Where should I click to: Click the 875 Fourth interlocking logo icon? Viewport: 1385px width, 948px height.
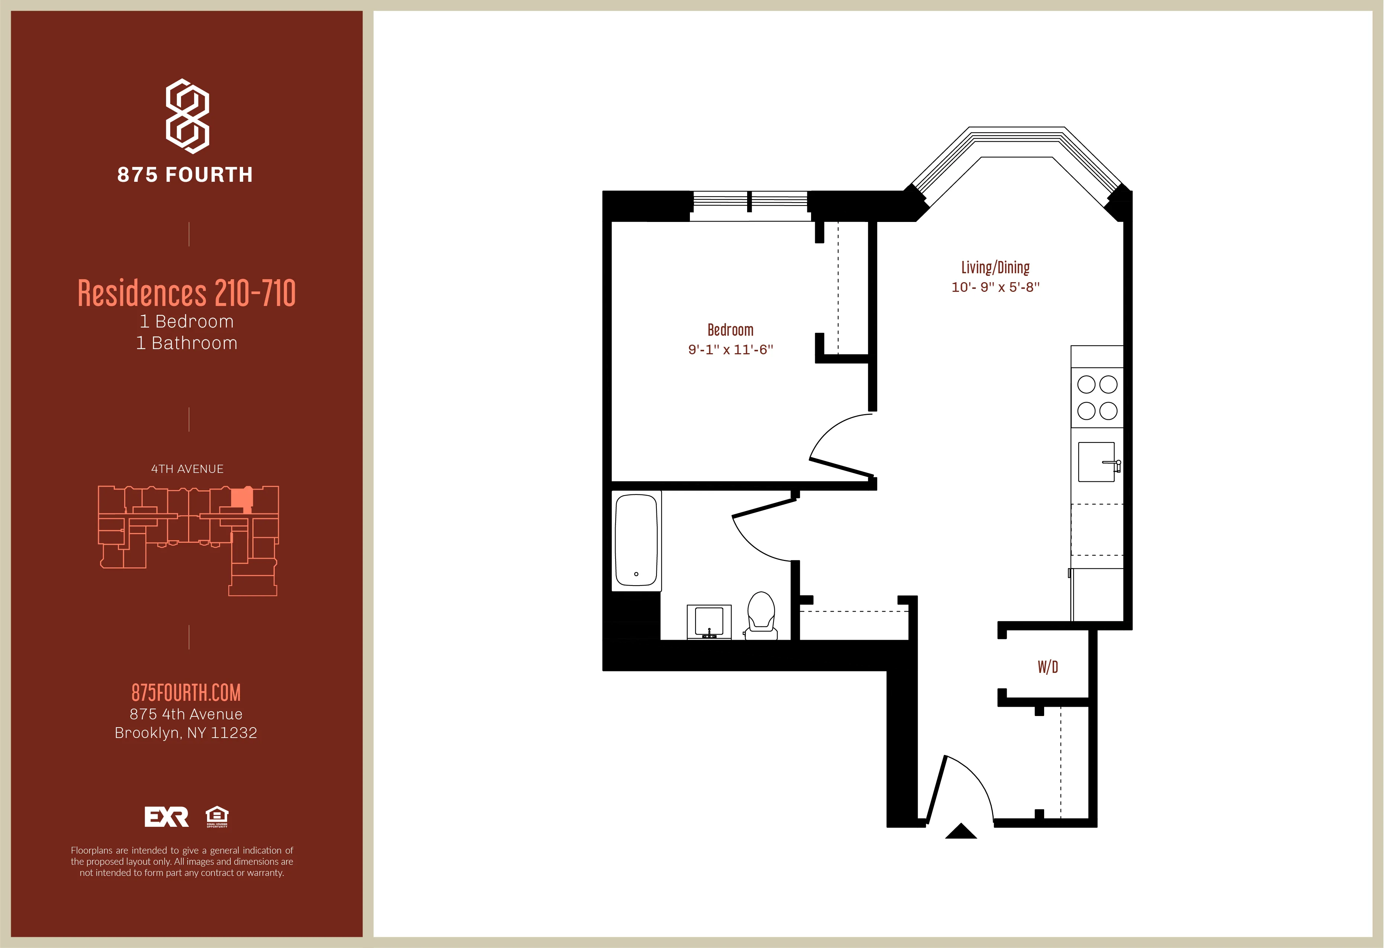187,116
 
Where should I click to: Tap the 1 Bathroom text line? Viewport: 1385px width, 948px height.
187,344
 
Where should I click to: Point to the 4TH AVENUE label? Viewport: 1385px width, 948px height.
187,469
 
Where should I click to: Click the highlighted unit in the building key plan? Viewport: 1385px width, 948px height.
241,498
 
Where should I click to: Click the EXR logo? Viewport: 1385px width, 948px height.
166,817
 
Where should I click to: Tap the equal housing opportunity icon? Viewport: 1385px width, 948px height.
217,817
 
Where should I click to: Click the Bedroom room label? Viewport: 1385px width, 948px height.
730,330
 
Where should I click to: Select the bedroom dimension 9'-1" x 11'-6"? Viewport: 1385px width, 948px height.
730,350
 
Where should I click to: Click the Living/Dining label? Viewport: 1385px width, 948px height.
995,268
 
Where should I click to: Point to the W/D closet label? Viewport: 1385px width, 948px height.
1048,667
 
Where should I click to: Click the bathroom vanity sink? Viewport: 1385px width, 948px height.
708,622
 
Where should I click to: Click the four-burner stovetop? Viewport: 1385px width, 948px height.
1097,398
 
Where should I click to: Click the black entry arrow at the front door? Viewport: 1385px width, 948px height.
961,832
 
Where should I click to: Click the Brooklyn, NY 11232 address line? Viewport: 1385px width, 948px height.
186,733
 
